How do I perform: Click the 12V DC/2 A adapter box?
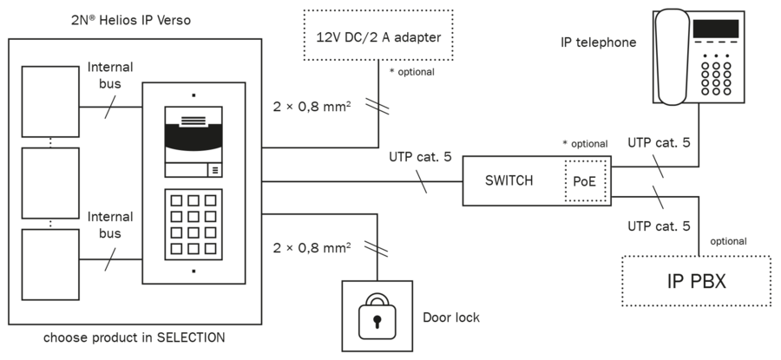379,37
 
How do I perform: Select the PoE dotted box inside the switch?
585,181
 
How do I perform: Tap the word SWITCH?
509,180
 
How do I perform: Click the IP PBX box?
695,280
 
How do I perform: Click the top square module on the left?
49,101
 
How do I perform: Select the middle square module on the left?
49,184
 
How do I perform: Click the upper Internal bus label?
110,75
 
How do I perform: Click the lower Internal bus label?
110,225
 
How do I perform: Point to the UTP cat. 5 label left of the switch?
421,157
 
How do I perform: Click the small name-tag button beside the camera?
214,170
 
